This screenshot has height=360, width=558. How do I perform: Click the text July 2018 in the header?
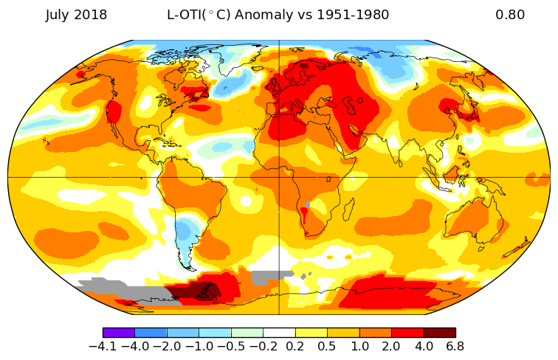coord(76,15)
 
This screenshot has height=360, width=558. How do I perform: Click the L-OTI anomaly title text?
coord(278,15)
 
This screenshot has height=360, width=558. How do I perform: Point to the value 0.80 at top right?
coord(510,15)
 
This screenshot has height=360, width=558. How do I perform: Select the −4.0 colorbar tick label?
coord(135,346)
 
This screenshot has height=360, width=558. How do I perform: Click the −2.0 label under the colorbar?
coord(168,346)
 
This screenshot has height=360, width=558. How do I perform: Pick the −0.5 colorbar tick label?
coord(231,346)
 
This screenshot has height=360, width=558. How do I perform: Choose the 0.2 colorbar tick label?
coord(295,346)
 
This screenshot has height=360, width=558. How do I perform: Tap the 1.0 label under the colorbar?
coord(359,346)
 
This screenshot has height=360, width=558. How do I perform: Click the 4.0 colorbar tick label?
coord(423,346)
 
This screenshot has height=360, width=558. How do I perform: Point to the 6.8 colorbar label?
coord(455,346)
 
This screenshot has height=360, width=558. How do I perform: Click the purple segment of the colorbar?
coord(119,333)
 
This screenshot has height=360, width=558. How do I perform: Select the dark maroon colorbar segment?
coord(439,333)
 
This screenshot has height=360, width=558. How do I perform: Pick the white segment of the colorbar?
coord(279,333)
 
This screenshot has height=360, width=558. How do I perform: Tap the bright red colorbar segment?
coord(407,333)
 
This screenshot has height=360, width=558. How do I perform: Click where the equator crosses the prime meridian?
coord(279,177)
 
